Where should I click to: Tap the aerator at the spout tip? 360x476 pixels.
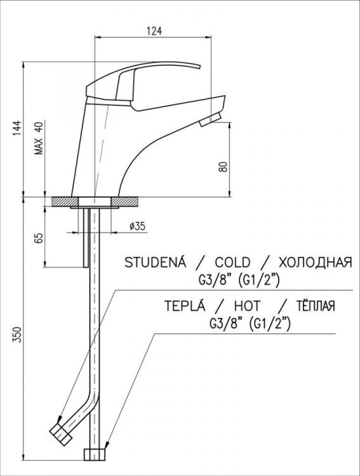(208, 120)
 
